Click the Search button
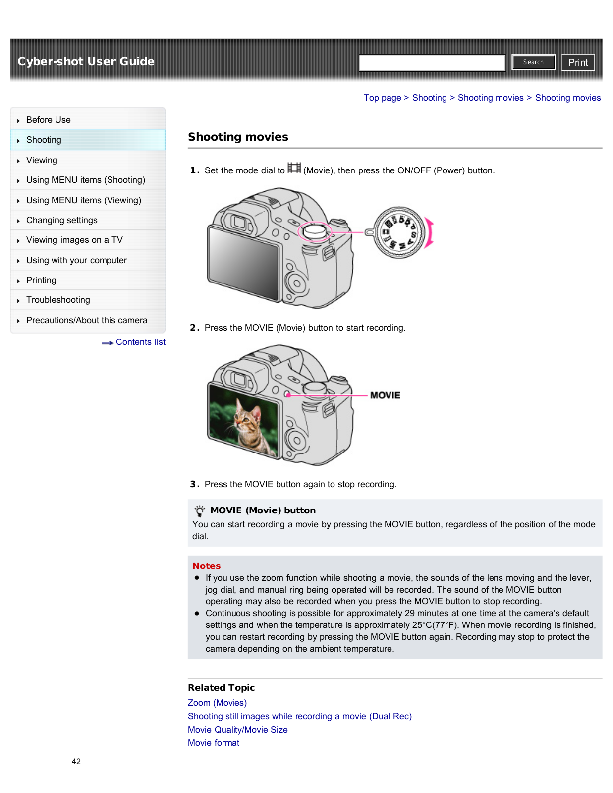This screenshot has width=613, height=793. click(533, 62)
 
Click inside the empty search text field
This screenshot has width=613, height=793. click(432, 63)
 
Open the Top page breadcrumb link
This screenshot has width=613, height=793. click(382, 98)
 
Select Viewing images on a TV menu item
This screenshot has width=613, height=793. click(74, 240)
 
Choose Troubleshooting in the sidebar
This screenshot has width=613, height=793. click(58, 300)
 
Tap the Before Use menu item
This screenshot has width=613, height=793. click(49, 120)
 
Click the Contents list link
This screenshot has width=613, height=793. click(140, 342)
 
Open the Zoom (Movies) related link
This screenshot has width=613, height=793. click(217, 703)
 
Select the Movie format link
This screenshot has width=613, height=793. click(213, 743)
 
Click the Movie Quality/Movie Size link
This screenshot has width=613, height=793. click(237, 730)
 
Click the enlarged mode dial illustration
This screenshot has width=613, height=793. click(399, 232)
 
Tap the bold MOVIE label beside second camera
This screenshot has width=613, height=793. click(385, 395)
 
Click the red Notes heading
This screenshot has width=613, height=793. click(206, 566)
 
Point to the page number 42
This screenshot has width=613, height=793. click(76, 761)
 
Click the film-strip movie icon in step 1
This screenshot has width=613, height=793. click(294, 169)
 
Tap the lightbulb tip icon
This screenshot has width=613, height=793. click(200, 510)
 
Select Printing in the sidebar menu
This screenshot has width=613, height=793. click(41, 280)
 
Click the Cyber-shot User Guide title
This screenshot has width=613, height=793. click(86, 61)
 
